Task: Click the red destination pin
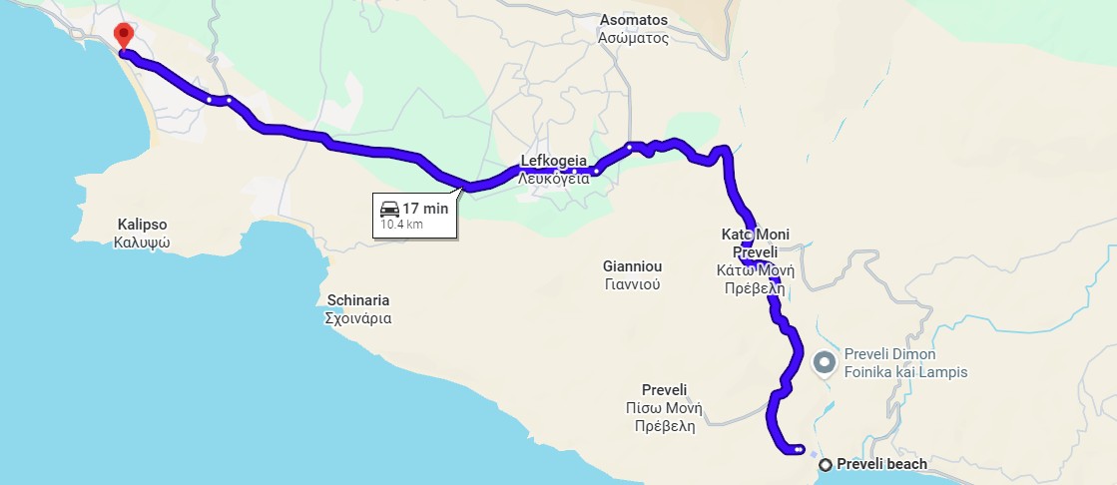tap(123, 35)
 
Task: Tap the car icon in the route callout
tap(389, 210)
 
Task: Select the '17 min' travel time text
tap(425, 210)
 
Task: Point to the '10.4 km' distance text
tap(401, 226)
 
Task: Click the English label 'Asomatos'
tap(633, 20)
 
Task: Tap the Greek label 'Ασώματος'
tap(633, 38)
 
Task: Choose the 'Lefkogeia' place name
tap(552, 160)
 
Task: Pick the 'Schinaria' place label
tap(358, 300)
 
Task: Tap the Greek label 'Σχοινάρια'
tap(358, 319)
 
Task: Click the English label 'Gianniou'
tap(632, 266)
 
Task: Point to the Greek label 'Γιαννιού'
tap(632, 284)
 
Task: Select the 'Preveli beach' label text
tap(881, 464)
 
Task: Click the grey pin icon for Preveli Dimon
tap(825, 362)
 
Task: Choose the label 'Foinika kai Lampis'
tap(905, 372)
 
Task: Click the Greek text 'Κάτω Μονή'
tap(755, 270)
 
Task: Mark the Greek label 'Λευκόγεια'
tap(553, 179)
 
